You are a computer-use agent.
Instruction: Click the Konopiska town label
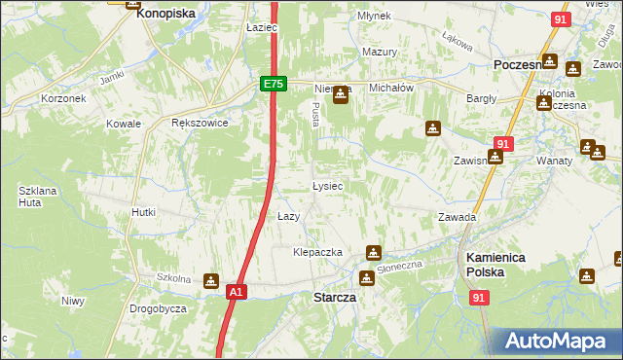pos(165,15)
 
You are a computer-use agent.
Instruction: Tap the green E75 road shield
pos(274,85)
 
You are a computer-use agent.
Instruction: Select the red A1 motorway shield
pos(236,291)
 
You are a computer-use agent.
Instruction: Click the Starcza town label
pos(333,297)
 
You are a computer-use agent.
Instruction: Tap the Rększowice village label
pos(199,124)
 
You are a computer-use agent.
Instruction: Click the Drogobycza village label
pos(158,308)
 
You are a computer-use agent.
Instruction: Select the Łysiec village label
pos(327,185)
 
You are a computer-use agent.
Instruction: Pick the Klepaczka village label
pos(318,252)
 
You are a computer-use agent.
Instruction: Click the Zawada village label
pos(456,217)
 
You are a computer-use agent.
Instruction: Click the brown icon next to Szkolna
pos(211,281)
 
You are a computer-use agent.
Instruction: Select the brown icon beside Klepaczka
pos(372,253)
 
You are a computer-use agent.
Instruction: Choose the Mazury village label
pos(380,52)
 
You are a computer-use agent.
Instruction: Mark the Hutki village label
pos(144,211)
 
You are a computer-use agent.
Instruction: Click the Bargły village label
pos(481,98)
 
